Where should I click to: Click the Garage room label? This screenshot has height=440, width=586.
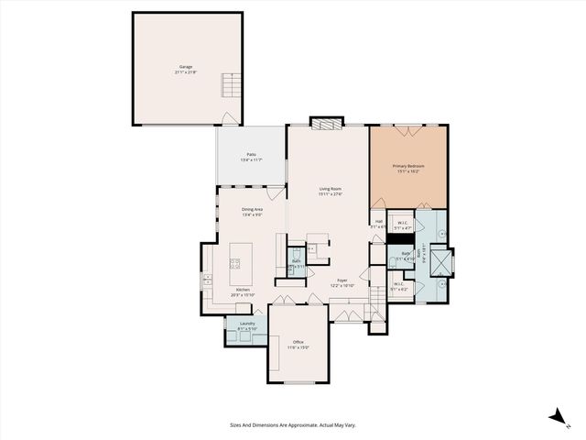[x=186, y=67]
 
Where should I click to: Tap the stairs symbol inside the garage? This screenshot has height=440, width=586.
[x=229, y=87]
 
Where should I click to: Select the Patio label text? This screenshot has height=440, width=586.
[x=250, y=154]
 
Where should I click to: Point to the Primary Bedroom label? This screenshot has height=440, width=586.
[x=408, y=166]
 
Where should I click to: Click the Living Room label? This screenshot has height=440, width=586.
[x=330, y=189]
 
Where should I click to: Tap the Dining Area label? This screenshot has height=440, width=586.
[x=252, y=210]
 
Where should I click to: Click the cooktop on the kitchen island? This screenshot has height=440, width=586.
[x=234, y=264]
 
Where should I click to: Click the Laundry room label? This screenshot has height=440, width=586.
[x=247, y=324]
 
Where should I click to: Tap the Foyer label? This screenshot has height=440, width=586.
[x=342, y=280]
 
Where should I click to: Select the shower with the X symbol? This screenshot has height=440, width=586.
[x=442, y=264]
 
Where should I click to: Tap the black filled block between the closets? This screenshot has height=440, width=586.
[x=399, y=239]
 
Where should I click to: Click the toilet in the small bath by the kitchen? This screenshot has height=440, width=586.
[x=296, y=254]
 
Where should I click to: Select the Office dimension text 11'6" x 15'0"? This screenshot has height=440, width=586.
[x=298, y=347]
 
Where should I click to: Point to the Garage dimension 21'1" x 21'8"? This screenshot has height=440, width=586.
[x=186, y=72]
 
